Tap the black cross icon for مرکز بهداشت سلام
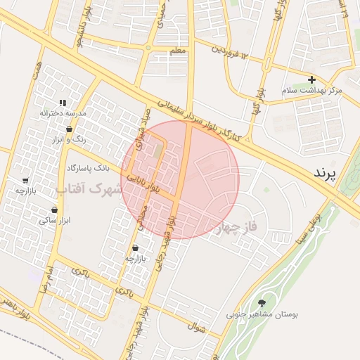(x=311, y=79)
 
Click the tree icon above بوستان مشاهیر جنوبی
(x=262, y=303)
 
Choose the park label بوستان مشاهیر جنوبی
(x=262, y=315)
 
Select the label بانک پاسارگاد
(x=89, y=169)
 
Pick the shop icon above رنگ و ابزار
(x=69, y=129)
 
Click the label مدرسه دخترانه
(x=63, y=112)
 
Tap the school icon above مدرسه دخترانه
(x=63, y=102)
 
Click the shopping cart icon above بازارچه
(x=25, y=180)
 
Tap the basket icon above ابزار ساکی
(x=54, y=210)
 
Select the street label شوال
(x=195, y=326)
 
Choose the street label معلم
(x=178, y=51)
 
